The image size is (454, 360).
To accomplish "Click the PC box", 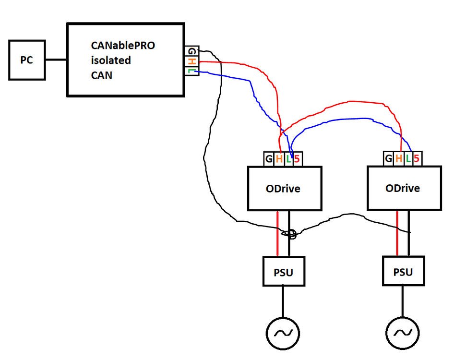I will (x=27, y=60).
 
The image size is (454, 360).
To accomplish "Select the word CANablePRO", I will (x=123, y=46).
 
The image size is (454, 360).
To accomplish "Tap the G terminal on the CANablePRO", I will (x=191, y=51).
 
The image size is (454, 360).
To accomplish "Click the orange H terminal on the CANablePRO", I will (x=191, y=62).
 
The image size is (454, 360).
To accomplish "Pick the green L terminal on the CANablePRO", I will (x=191, y=72).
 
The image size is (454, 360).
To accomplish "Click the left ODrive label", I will (x=283, y=189).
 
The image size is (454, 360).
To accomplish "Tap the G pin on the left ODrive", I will (x=269, y=158).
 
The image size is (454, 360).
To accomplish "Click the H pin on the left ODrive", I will (x=279, y=158).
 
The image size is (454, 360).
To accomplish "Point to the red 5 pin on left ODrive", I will (x=298, y=158).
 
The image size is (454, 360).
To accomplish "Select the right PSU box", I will (x=403, y=271).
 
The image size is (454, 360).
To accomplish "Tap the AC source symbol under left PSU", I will (x=283, y=332).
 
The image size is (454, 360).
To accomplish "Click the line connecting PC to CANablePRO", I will (x=56, y=60).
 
